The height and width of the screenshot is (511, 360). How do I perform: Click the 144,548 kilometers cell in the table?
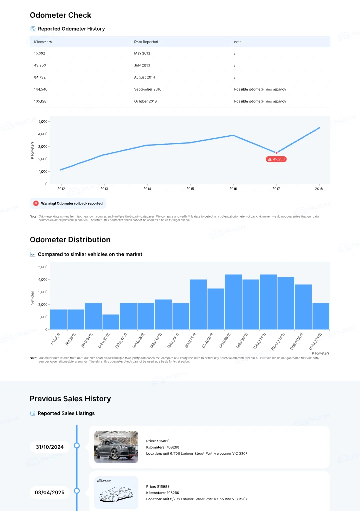click(41, 89)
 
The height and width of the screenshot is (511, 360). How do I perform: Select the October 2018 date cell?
click(145, 101)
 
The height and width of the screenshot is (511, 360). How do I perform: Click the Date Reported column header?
click(146, 42)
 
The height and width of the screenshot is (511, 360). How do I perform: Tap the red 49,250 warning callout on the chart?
click(276, 159)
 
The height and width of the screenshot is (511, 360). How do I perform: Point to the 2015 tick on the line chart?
click(190, 189)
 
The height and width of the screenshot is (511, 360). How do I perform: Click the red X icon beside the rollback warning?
click(36, 203)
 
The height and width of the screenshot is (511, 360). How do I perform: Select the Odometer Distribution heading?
click(70, 240)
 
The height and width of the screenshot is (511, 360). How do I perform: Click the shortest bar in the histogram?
click(111, 322)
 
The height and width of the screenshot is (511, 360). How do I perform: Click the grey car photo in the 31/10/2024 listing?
click(116, 447)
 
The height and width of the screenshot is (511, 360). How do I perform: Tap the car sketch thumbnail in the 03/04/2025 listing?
click(116, 493)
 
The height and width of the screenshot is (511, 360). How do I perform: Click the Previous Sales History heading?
click(70, 399)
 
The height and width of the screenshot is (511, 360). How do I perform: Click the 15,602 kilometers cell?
click(39, 53)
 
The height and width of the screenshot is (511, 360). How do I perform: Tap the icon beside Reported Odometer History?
click(33, 29)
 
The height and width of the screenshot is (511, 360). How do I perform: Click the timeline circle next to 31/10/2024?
click(77, 445)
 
